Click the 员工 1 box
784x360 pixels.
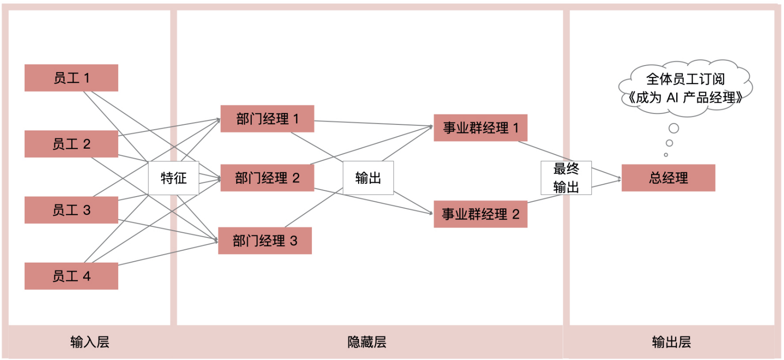click(71, 78)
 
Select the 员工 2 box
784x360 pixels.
click(71, 144)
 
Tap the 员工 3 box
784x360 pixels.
click(71, 210)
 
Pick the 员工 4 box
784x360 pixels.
click(71, 276)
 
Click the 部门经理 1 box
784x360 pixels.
click(267, 119)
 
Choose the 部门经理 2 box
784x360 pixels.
click(267, 178)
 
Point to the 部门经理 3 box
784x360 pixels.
click(265, 241)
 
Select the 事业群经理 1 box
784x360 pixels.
click(481, 128)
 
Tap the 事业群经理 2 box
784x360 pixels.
click(481, 214)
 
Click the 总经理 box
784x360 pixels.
click(668, 178)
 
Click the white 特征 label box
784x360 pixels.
click(173, 178)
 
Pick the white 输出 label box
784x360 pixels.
click(368, 178)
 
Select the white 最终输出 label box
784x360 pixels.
click(566, 178)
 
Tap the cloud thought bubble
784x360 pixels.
click(685, 88)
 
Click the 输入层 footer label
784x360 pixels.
click(90, 342)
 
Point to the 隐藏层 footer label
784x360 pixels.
click(367, 342)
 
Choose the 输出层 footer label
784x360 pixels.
click(671, 342)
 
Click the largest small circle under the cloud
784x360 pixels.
click(673, 128)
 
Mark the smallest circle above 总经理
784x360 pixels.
click(666, 155)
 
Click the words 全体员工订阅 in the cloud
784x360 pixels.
click(685, 79)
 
